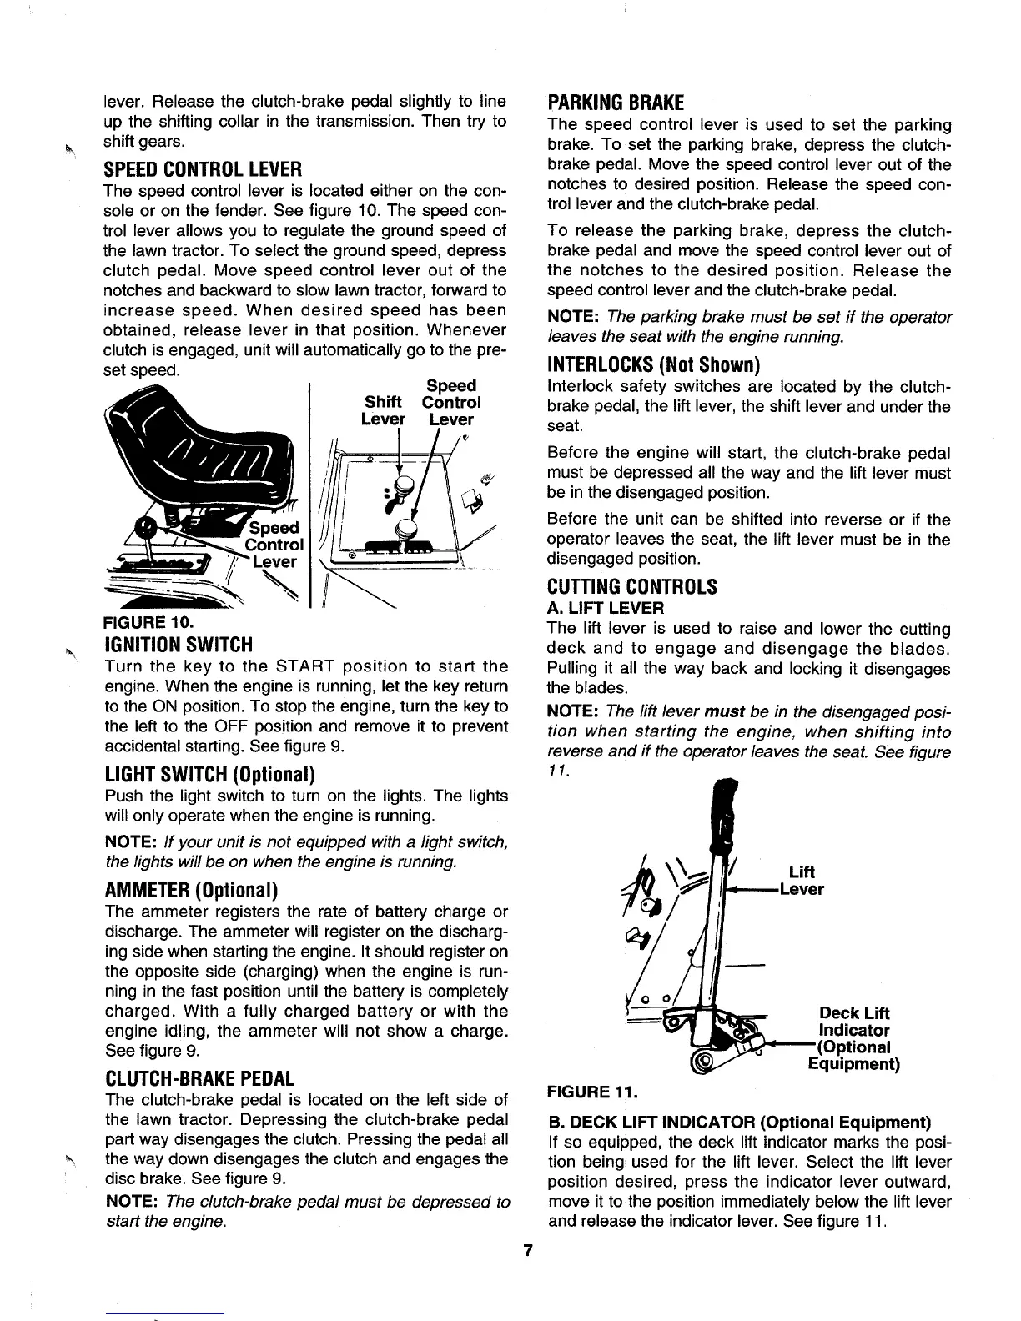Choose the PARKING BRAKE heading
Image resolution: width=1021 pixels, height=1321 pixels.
click(616, 103)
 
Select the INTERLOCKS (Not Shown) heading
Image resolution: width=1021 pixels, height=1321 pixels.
click(655, 365)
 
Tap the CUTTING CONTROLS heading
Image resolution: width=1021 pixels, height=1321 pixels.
click(631, 586)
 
